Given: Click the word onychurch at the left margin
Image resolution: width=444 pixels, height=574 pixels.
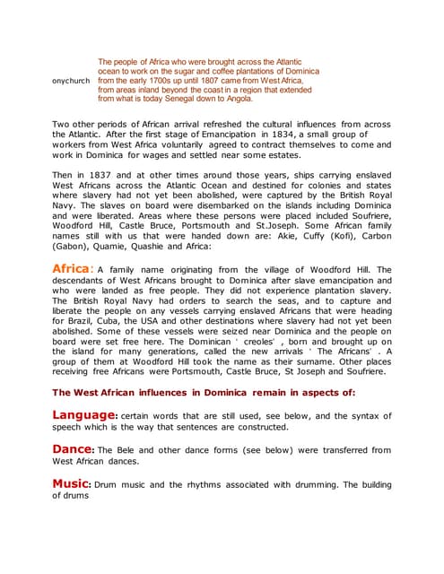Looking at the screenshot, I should [x=71, y=81].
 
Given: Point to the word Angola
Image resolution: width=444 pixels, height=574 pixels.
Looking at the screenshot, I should [x=236, y=100].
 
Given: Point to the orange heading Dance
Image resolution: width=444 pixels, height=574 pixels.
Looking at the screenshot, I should [x=73, y=449].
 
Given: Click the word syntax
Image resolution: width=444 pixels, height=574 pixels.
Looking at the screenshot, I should [x=351, y=416].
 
